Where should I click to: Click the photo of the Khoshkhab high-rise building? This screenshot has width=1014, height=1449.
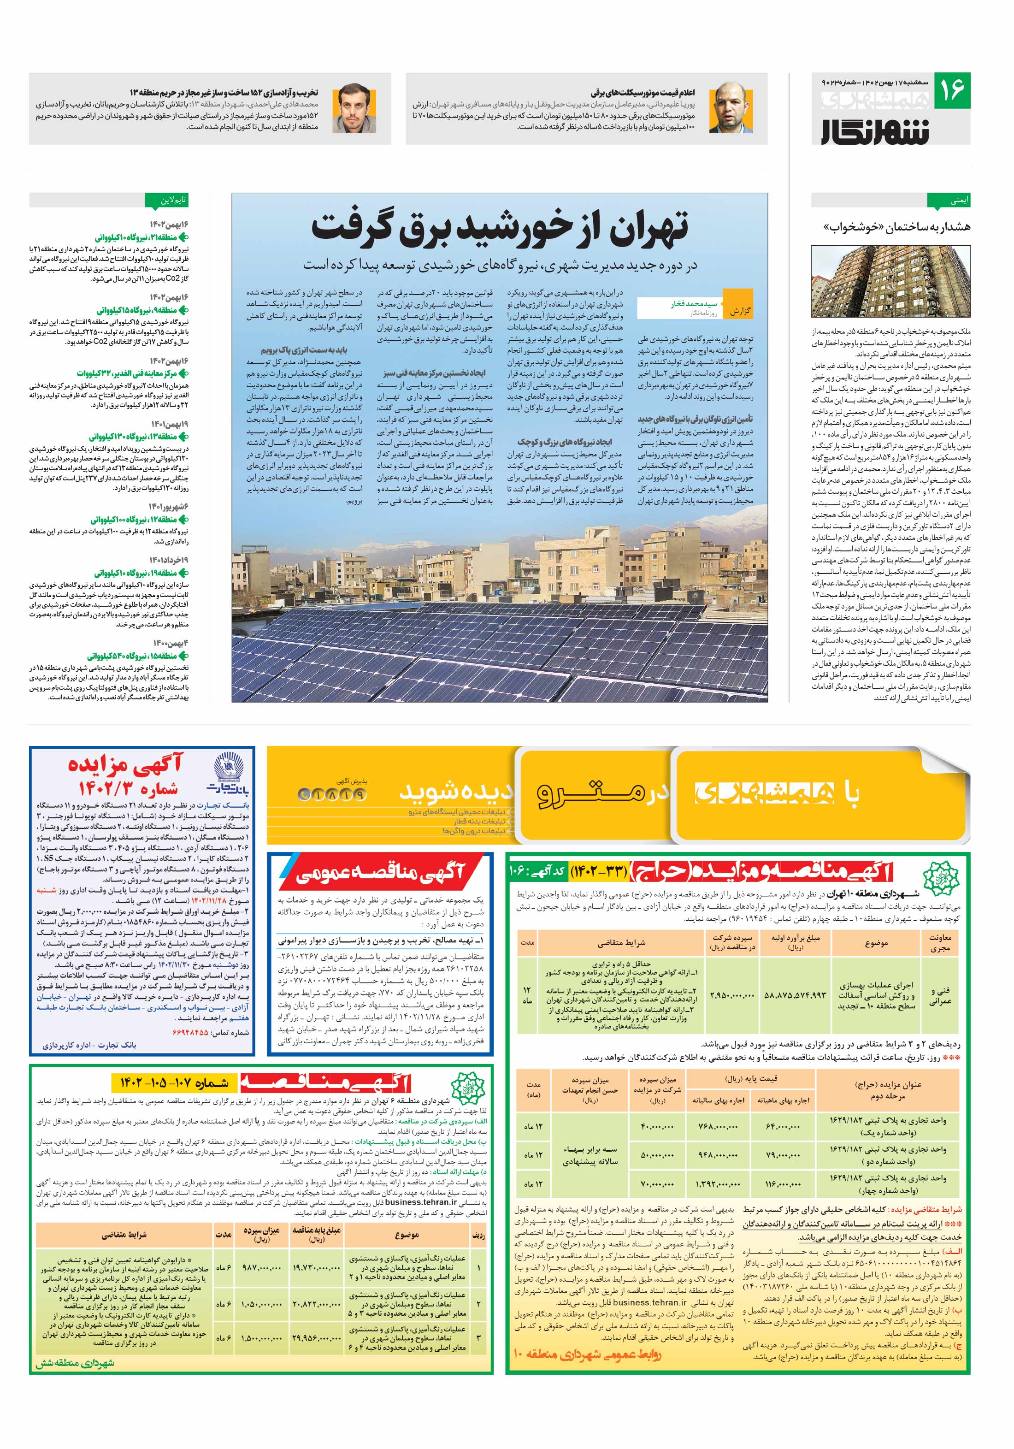(890, 282)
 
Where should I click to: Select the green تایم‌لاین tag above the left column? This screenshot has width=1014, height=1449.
(167, 201)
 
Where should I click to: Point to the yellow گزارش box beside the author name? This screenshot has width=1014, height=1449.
(739, 311)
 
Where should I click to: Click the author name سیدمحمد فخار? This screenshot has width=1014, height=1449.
(693, 304)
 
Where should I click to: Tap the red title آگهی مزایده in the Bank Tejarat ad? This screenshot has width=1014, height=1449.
(125, 764)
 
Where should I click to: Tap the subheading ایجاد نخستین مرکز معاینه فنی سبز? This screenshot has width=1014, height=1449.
(434, 373)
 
